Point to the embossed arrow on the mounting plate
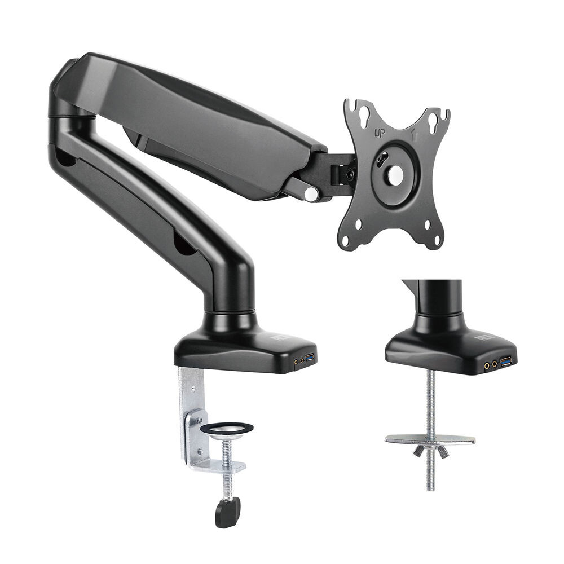pos(415,136)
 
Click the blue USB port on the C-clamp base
pos(309,358)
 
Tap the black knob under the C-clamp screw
pos(227,512)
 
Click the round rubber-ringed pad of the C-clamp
pos(227,429)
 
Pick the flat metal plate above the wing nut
pos(430,439)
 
